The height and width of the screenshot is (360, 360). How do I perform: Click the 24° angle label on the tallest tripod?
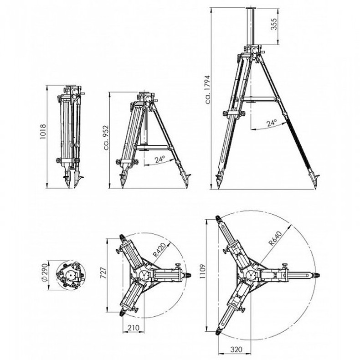click(x=272, y=123)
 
